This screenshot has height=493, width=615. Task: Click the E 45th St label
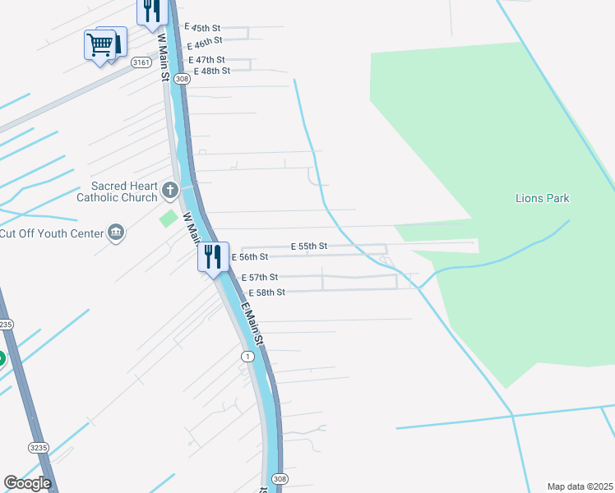point(205,29)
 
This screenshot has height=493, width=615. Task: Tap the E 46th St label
point(205,42)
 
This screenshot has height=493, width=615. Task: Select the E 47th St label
point(206,60)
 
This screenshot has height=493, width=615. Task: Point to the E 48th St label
point(212,71)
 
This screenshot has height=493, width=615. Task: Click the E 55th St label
point(309,246)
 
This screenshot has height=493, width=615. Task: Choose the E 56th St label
point(251,257)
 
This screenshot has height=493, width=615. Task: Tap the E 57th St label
point(260,278)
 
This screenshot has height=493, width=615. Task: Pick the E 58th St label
point(267,293)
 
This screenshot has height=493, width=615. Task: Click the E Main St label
point(254,324)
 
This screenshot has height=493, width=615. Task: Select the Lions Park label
point(542,198)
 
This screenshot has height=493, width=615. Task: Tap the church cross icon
point(170,192)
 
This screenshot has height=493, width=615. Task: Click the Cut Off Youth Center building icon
point(116,233)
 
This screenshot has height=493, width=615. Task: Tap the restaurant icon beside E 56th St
point(213,256)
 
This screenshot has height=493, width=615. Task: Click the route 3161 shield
point(141,62)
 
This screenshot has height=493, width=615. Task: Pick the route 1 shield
point(247,356)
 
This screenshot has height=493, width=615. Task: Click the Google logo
point(27,483)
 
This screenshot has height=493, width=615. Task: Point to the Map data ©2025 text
point(580,486)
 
